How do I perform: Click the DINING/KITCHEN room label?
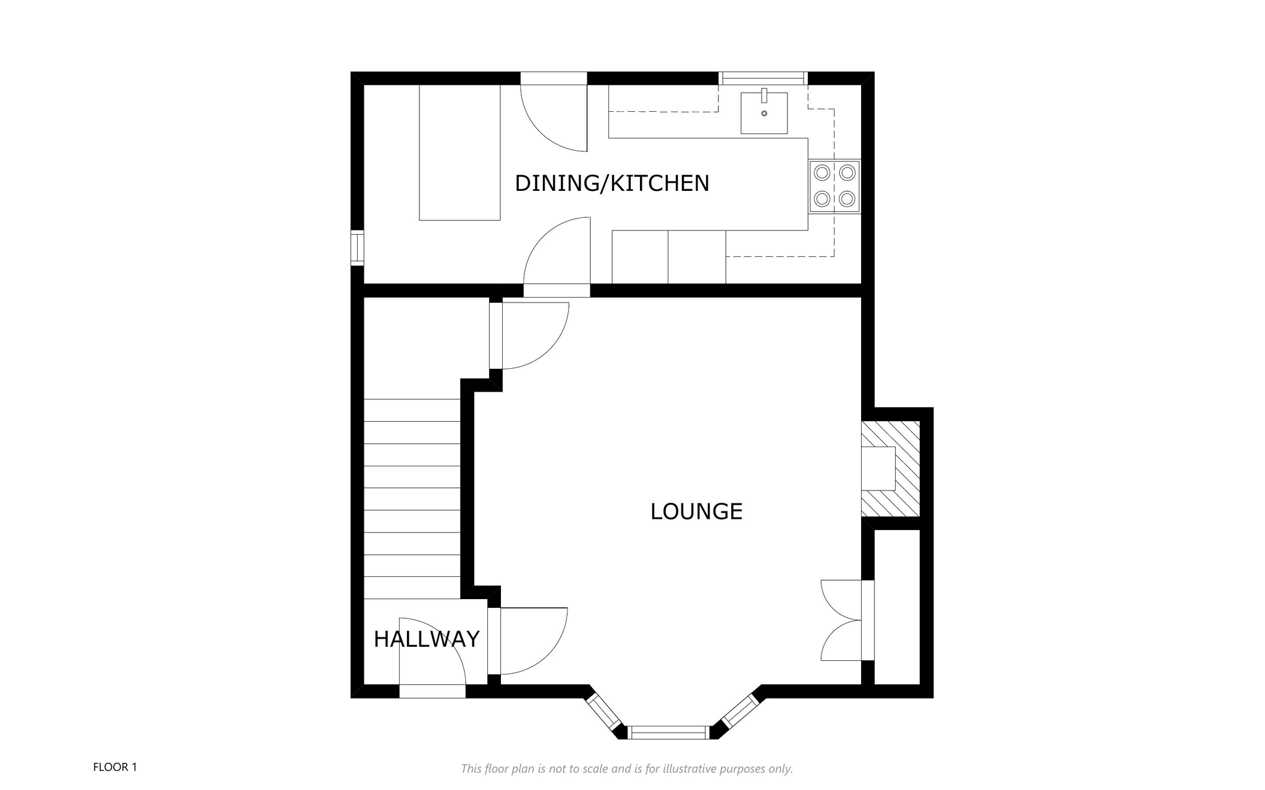[x=611, y=183]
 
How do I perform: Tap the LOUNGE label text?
[x=696, y=511]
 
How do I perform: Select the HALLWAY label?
[x=427, y=639]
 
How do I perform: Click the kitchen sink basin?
[x=765, y=113]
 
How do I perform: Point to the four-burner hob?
[x=834, y=186]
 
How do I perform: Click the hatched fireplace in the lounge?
[x=891, y=469]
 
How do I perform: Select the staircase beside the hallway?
[x=412, y=499]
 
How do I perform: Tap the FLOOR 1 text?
[x=115, y=767]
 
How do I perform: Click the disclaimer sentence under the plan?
[x=627, y=769]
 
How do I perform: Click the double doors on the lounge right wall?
[x=841, y=621]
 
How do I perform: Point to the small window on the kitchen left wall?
[x=357, y=248]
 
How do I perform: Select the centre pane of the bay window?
[x=669, y=733]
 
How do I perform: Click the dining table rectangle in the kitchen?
[x=460, y=153]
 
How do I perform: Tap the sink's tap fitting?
[x=765, y=96]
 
